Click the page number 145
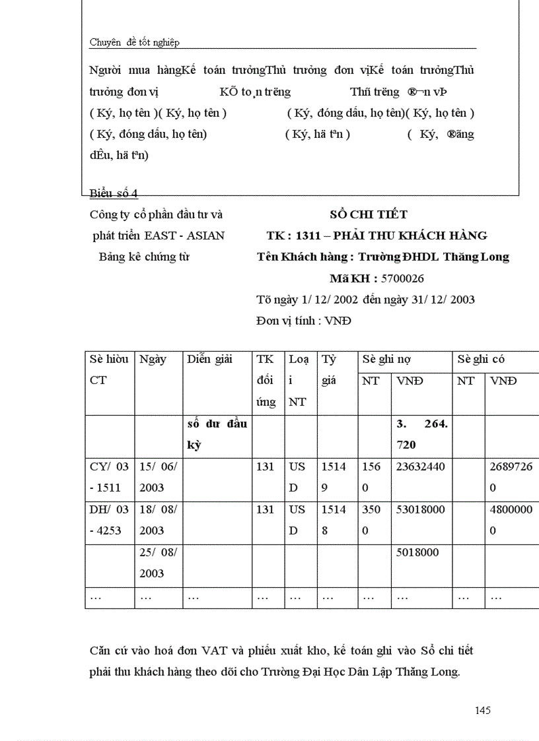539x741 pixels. coord(482,711)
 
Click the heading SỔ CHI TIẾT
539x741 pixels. coord(369,214)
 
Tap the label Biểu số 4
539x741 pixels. coord(114,193)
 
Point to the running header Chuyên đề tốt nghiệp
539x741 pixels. coord(135,43)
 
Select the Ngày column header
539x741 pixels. coord(153,360)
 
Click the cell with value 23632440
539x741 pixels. coord(420,467)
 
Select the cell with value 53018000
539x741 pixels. coord(420,509)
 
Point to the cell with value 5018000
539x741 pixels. coord(417,552)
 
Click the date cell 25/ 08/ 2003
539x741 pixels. coord(159,563)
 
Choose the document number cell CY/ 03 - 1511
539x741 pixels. coord(110,477)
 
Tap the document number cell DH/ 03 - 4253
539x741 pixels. coord(110,520)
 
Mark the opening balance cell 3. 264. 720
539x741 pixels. coord(421,434)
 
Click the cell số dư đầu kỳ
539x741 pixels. coord(217,434)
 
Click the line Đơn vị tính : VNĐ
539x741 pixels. coord(303,321)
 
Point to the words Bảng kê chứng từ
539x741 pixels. coord(144,257)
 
